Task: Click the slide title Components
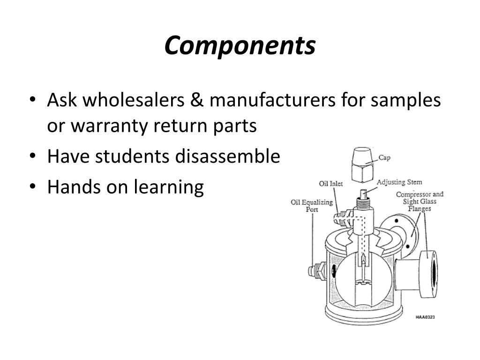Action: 240,46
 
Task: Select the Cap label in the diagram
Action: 384,158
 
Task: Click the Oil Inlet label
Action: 331,183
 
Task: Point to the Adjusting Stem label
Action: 399,182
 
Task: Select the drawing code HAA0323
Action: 425,317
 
